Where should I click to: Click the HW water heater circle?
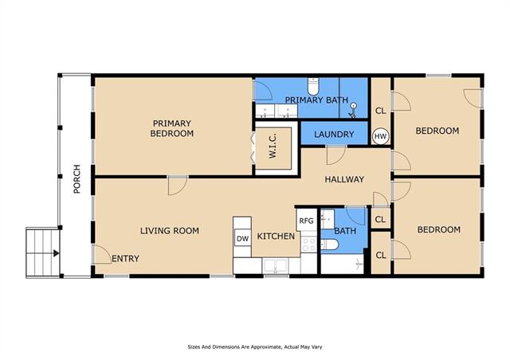pyautogui.click(x=380, y=136)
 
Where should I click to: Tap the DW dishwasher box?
pyautogui.click(x=242, y=238)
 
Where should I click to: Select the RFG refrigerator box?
pyautogui.click(x=306, y=221)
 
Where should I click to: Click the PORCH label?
pyautogui.click(x=76, y=179)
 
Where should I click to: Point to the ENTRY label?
pyautogui.click(x=125, y=259)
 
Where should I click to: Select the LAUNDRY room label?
pyautogui.click(x=334, y=135)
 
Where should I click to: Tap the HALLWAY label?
pyautogui.click(x=344, y=179)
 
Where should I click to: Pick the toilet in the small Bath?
pyautogui.click(x=329, y=245)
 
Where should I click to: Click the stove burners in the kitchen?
pyautogui.click(x=308, y=245)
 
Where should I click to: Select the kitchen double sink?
pyautogui.click(x=276, y=266)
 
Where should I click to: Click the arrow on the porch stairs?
pyautogui.click(x=56, y=253)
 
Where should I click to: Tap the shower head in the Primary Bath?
pyautogui.click(x=353, y=110)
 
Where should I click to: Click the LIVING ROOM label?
pyautogui.click(x=170, y=231)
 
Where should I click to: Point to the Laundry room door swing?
pyautogui.click(x=336, y=156)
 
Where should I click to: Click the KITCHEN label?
pyautogui.click(x=276, y=236)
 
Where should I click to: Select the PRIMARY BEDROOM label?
pyautogui.click(x=172, y=128)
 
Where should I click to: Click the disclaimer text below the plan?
pyautogui.click(x=255, y=347)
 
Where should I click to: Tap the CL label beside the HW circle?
pyautogui.click(x=380, y=111)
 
